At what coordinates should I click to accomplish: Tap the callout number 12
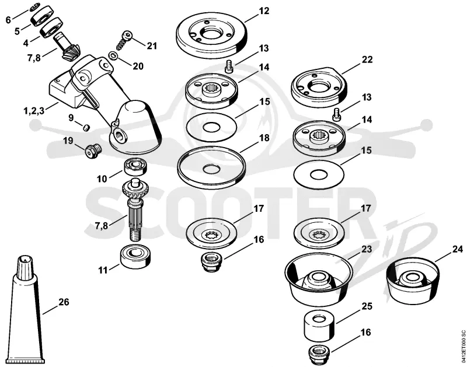(x=264, y=11)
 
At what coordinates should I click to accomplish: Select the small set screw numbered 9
(x=86, y=128)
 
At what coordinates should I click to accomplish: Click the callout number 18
(x=264, y=138)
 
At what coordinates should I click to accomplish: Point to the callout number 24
(x=458, y=249)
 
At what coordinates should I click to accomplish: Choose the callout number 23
(x=367, y=249)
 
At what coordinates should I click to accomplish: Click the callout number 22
(x=367, y=60)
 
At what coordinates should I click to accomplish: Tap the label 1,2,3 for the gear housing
(x=34, y=111)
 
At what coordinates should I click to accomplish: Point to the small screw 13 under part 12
(x=229, y=65)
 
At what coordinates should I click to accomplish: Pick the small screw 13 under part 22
(x=336, y=115)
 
